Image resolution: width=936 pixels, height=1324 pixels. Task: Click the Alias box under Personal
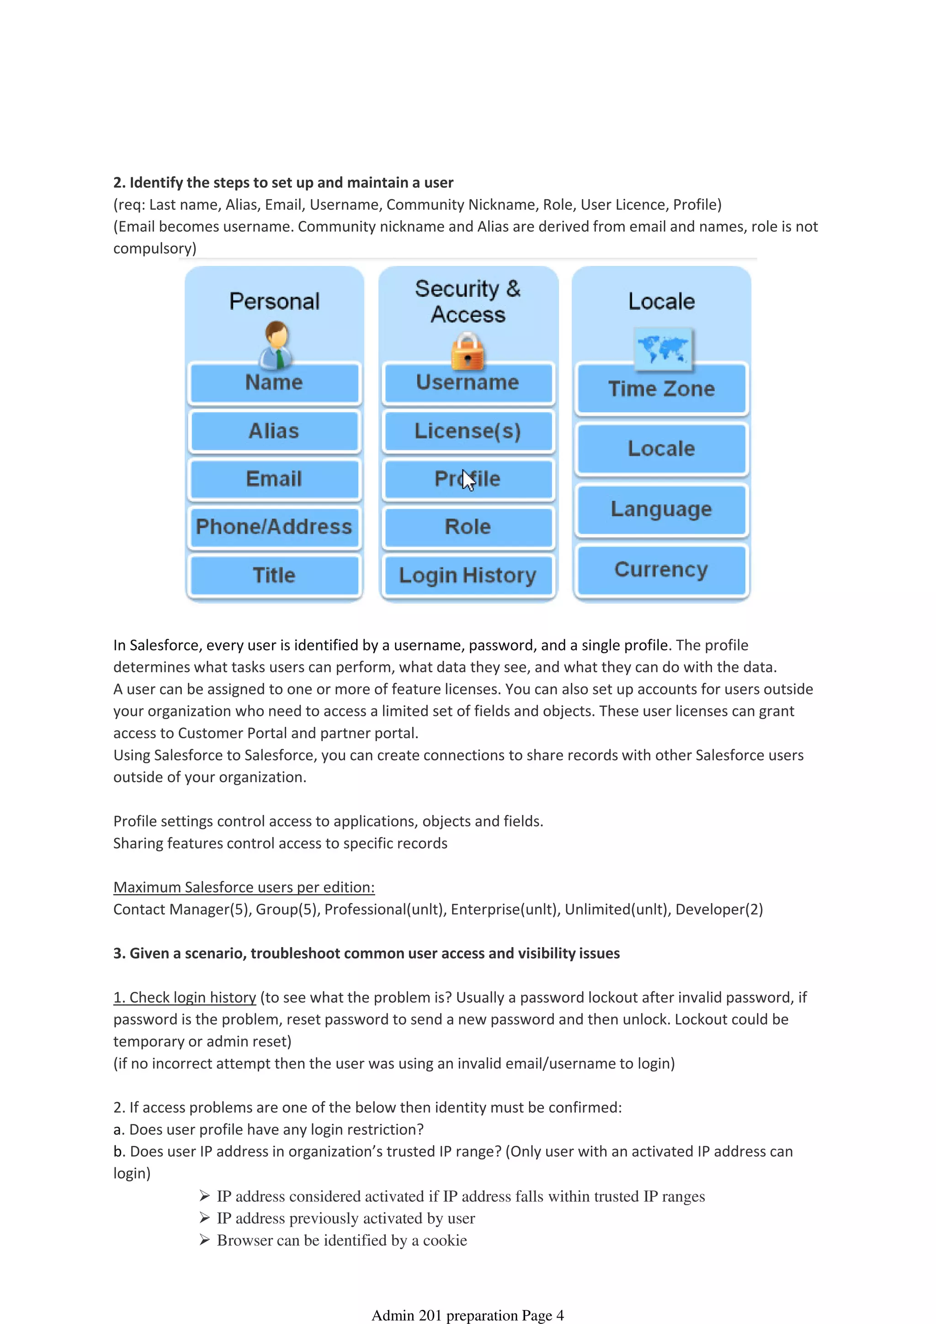pos(274,431)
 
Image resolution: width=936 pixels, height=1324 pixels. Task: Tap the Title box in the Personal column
pos(274,575)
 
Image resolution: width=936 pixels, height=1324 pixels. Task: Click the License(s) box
pos(468,431)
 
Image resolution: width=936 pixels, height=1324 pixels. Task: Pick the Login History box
pos(468,575)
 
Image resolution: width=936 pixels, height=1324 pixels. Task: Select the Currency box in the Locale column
pos(661,570)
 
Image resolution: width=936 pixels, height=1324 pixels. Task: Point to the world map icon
pos(663,348)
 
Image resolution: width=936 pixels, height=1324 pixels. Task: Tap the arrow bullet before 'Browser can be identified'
pos(204,1240)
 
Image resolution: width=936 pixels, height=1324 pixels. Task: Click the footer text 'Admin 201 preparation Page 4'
pos(467,1315)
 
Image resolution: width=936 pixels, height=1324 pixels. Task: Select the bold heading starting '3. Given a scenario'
pos(366,953)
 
